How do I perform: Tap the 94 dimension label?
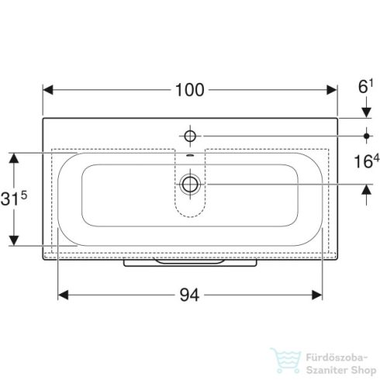click(189, 295)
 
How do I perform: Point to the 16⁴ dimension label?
click(365, 163)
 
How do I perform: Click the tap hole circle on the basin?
click(189, 136)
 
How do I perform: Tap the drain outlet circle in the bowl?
click(189, 185)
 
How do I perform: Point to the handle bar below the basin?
click(189, 263)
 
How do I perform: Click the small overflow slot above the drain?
click(189, 158)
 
